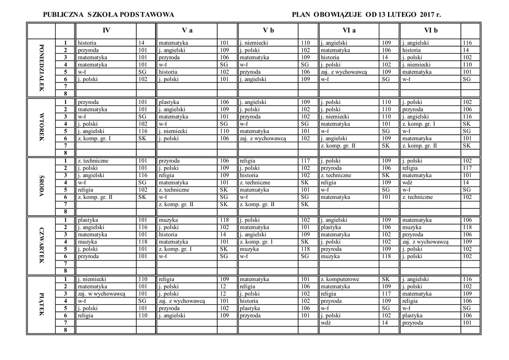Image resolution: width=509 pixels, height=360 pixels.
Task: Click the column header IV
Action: [x=106, y=30]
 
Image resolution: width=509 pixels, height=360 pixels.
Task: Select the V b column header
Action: [x=268, y=30]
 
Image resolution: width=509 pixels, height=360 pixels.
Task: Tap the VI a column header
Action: [x=349, y=30]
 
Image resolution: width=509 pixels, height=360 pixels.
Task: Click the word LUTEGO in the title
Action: [x=402, y=15]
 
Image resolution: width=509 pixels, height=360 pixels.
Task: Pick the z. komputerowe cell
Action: [x=339, y=279]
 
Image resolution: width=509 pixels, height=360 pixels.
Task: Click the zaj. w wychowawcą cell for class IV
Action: [x=101, y=294]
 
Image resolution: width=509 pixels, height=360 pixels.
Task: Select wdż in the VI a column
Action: [x=326, y=323]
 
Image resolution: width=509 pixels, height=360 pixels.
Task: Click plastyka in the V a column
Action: [x=170, y=102]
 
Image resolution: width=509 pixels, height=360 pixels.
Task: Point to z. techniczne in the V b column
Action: [x=255, y=182]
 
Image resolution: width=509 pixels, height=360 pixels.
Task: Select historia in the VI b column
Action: [x=412, y=50]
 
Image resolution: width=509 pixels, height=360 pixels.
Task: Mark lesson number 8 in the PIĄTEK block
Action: [x=65, y=330]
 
